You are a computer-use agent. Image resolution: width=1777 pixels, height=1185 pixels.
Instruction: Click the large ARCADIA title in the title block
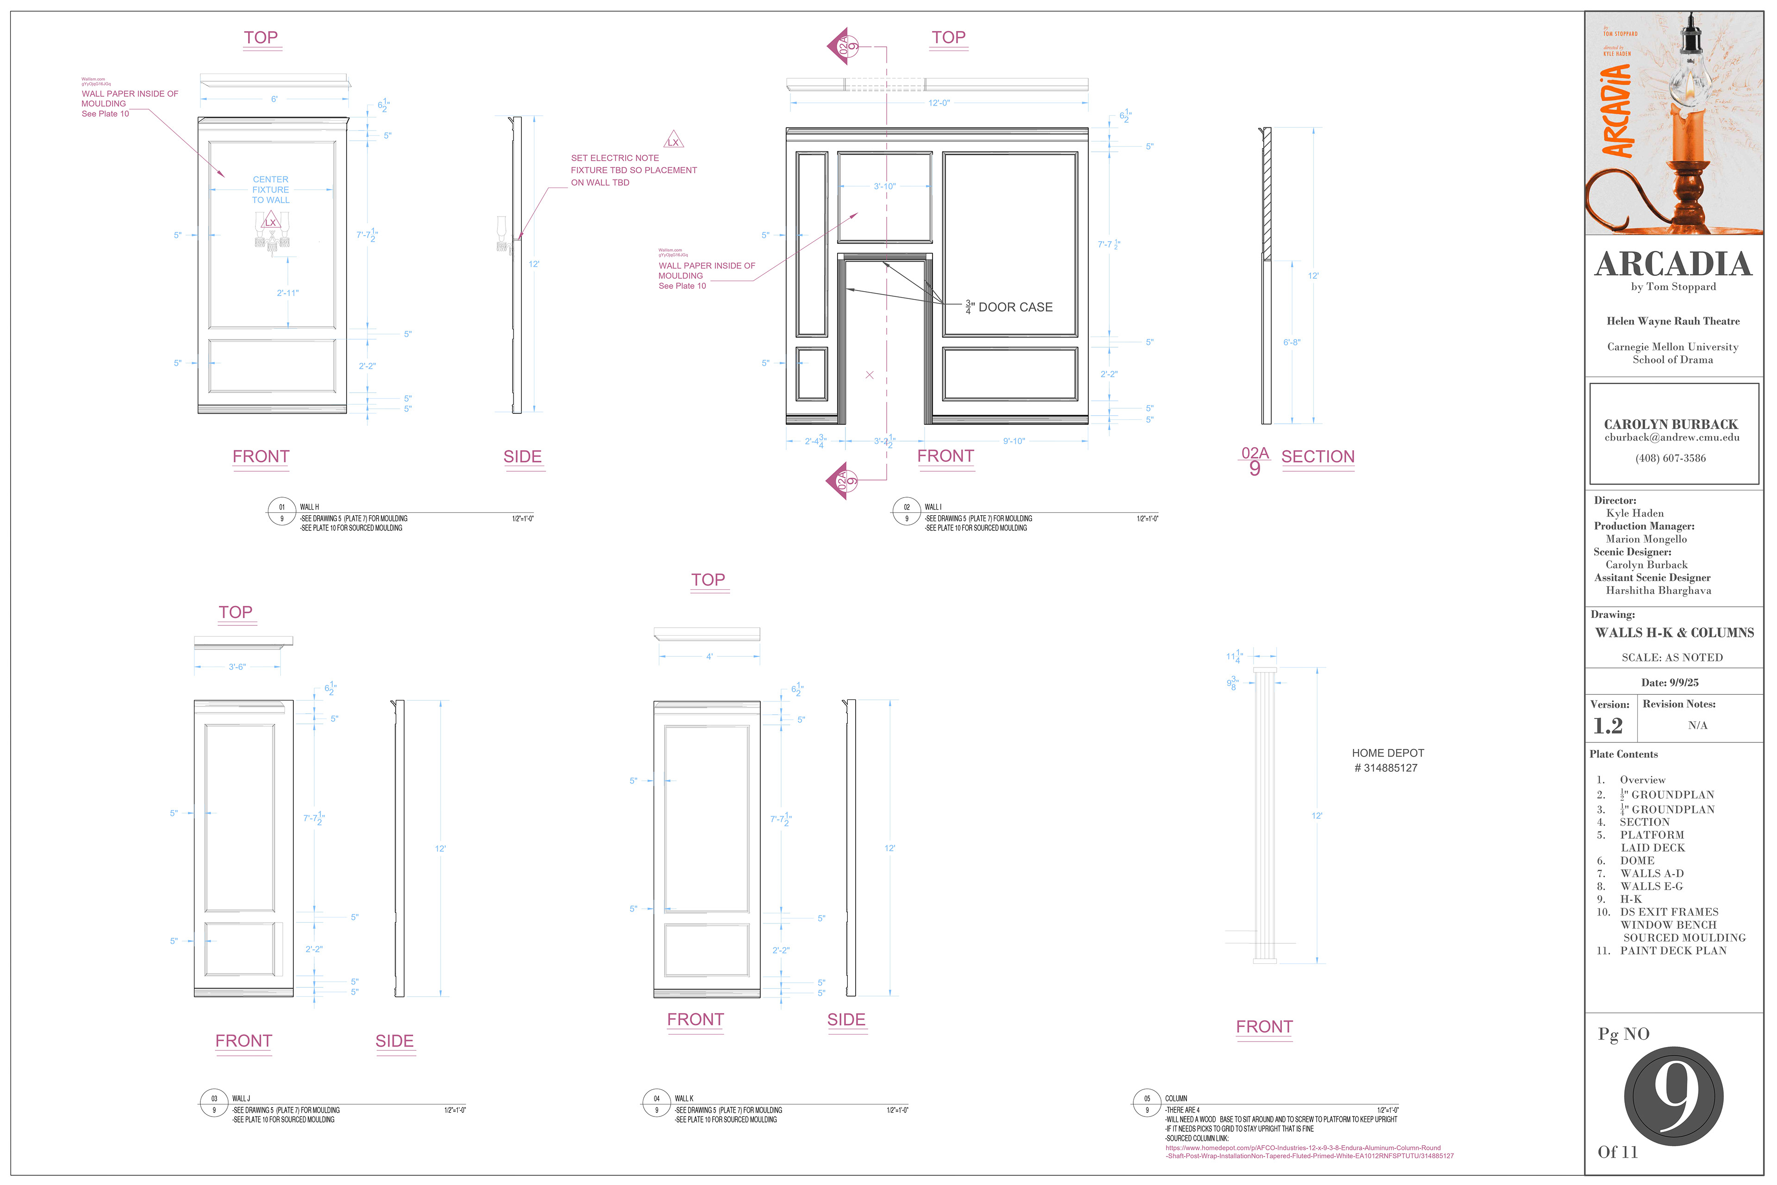click(1673, 264)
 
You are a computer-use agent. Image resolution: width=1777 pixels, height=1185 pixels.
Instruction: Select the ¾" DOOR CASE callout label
click(1009, 307)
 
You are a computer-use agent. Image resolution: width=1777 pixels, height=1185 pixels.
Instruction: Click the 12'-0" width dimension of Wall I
click(938, 103)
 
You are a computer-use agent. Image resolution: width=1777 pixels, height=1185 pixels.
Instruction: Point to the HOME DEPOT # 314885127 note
click(1387, 760)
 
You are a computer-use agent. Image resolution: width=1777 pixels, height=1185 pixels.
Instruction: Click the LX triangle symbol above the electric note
click(672, 141)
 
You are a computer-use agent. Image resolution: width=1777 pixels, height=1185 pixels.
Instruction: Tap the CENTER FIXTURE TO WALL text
click(270, 190)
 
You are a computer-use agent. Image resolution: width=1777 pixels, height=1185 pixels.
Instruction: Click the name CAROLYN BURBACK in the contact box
click(1671, 424)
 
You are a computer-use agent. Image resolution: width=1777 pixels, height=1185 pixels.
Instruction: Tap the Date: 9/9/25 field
click(1670, 682)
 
